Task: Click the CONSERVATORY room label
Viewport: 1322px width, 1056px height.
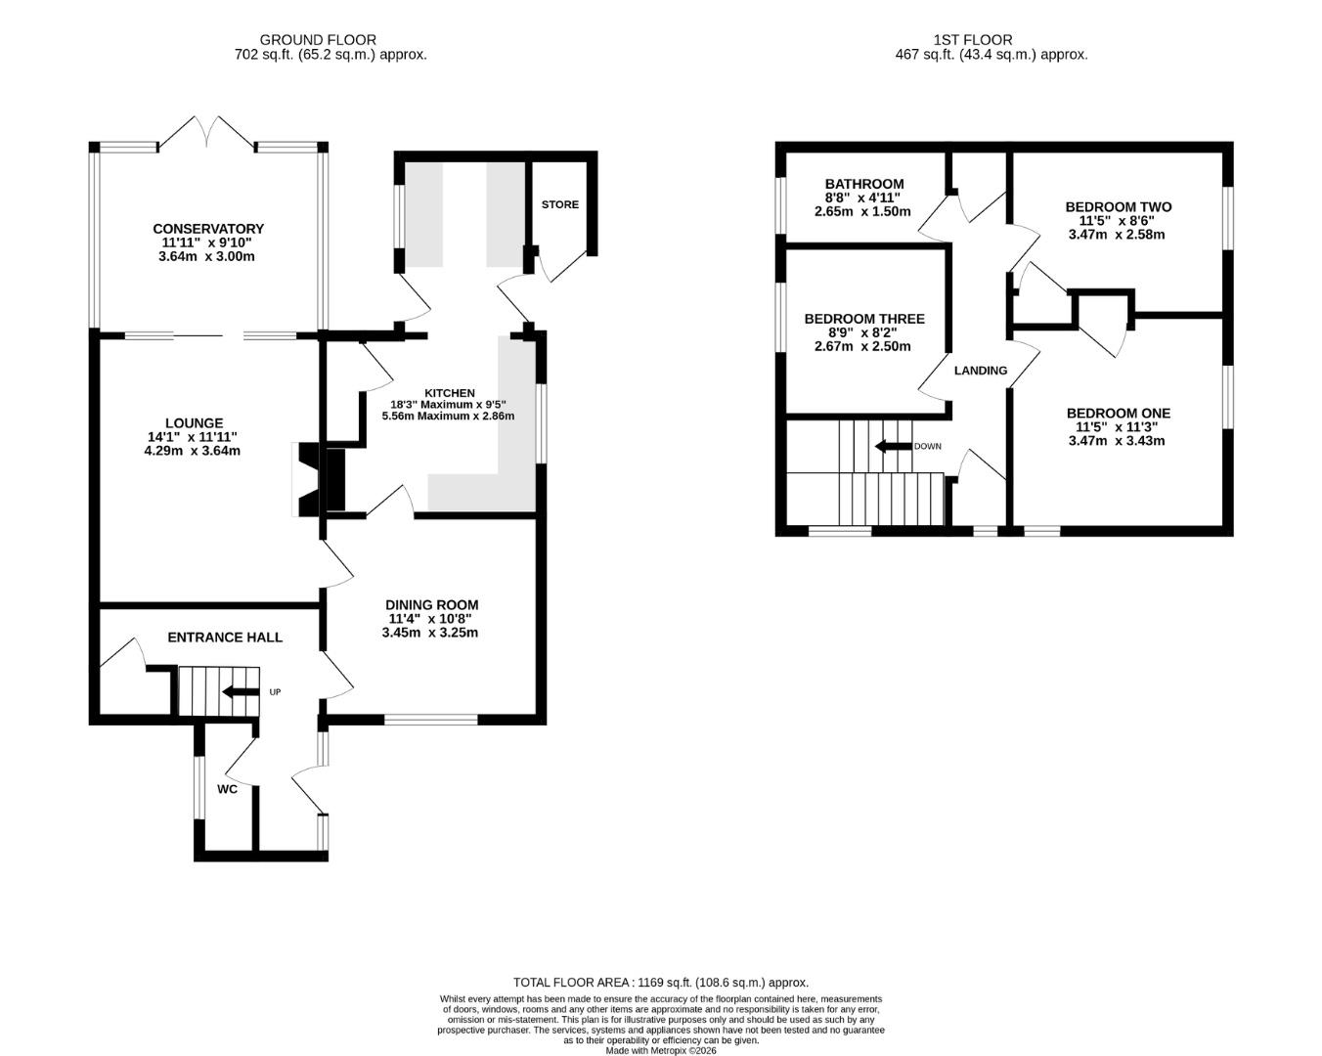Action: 208,229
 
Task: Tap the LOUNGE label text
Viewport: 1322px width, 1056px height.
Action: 195,423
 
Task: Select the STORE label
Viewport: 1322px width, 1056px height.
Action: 559,204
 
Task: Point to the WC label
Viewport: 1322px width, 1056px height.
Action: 227,789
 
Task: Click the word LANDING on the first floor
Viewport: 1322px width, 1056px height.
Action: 981,371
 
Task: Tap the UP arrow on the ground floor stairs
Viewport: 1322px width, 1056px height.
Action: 241,692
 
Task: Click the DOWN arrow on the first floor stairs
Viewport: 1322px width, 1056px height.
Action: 893,446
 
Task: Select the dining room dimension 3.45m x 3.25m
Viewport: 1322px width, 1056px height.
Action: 430,633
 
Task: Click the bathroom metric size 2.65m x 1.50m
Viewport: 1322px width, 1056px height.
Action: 862,212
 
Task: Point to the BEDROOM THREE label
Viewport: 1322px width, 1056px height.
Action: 864,319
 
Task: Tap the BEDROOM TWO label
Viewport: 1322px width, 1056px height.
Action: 1119,207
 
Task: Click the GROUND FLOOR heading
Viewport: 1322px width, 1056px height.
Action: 318,40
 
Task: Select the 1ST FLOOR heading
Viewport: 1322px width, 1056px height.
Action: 973,40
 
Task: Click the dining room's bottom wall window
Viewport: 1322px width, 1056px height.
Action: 431,720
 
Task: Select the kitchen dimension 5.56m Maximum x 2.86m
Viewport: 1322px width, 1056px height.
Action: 449,416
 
